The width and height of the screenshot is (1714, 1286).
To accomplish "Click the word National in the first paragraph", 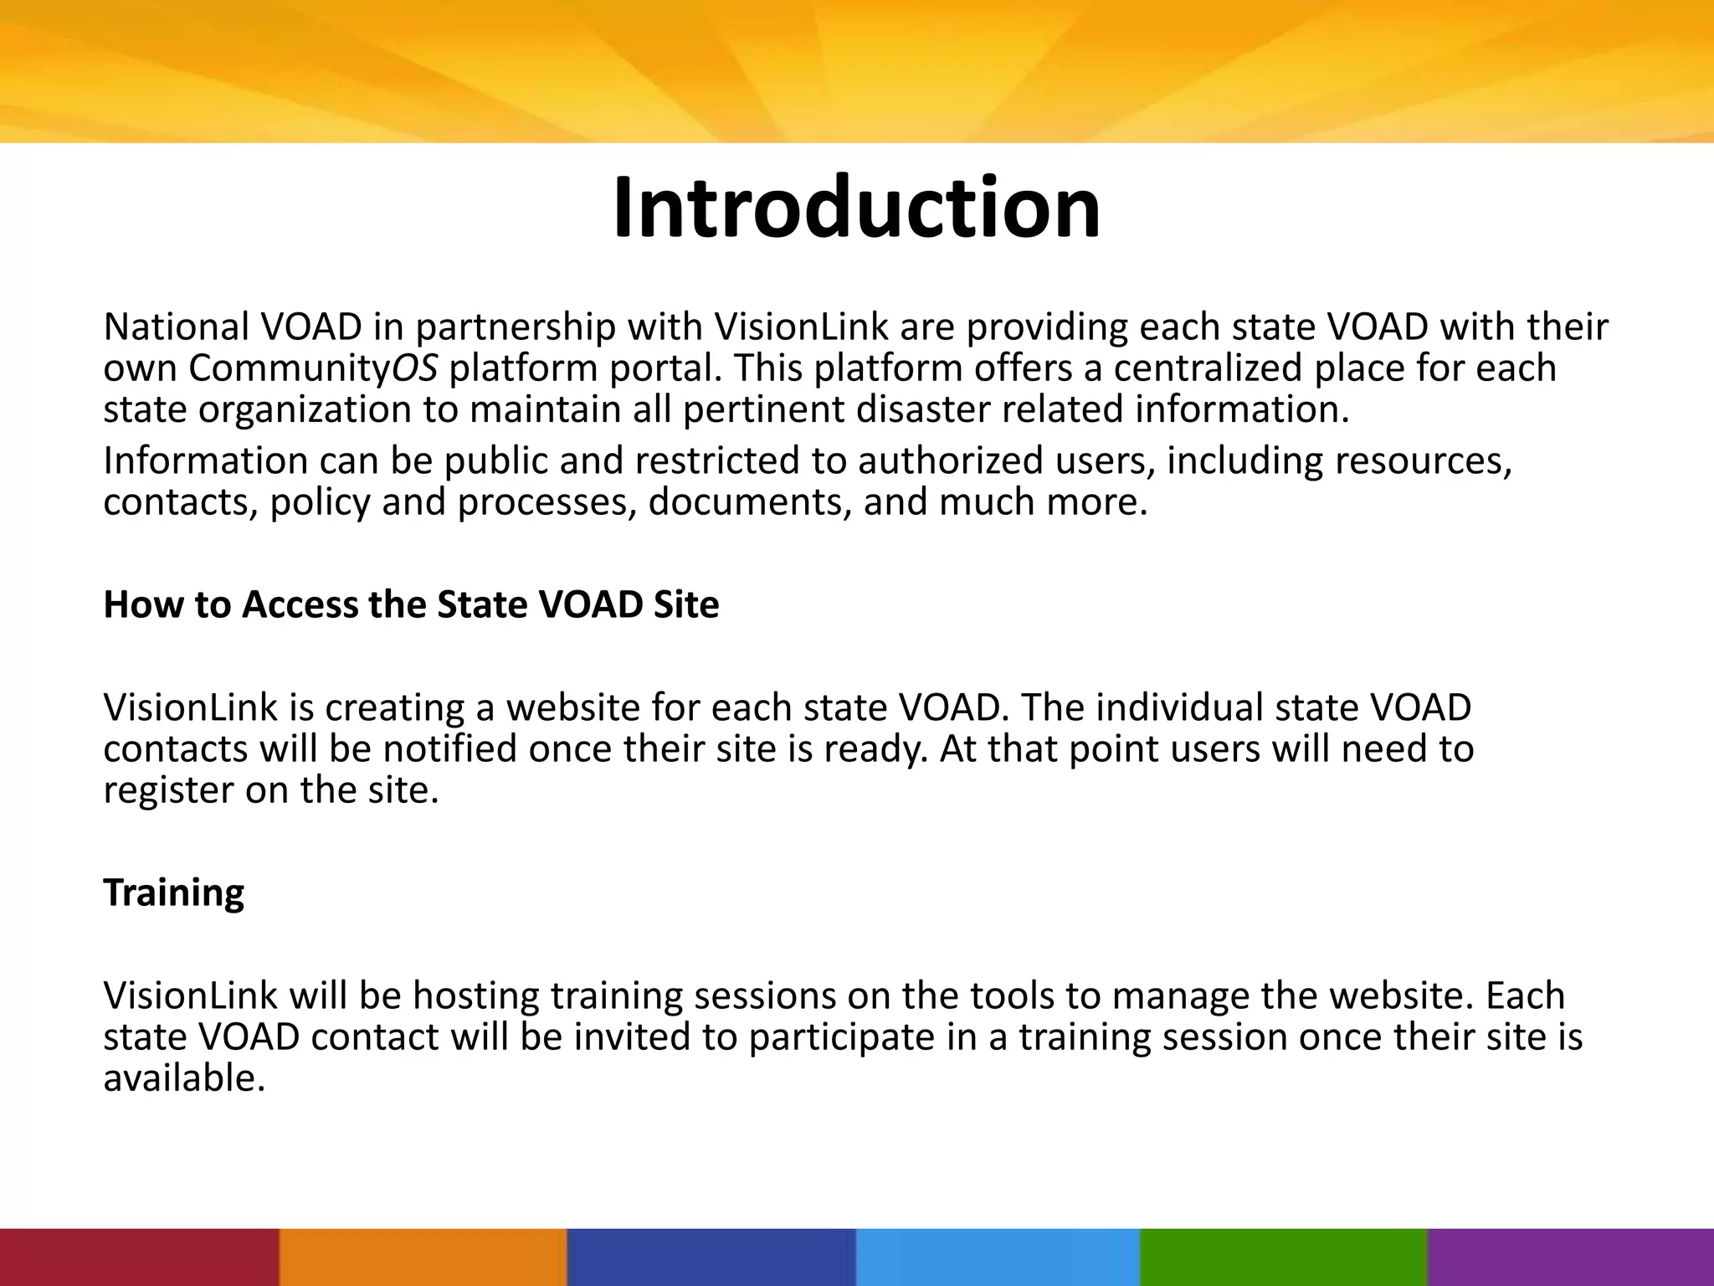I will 176,327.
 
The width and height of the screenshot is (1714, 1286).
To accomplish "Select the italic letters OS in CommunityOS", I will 414,368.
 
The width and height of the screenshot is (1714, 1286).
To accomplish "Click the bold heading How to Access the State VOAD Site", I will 411,604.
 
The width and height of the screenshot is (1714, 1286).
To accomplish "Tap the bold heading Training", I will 173,892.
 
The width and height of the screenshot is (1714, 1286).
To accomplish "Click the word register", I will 167,790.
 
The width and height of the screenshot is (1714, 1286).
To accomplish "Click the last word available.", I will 183,1078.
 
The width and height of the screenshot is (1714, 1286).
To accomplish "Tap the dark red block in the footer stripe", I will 138,1257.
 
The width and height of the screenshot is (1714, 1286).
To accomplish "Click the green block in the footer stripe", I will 1283,1257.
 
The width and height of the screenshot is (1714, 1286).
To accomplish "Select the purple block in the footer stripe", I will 1571,1257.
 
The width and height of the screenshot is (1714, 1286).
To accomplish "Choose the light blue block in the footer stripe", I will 998,1257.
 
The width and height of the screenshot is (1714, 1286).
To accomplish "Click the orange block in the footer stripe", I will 423,1257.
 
